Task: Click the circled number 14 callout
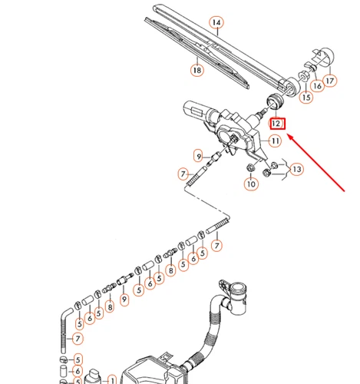tap(217, 23)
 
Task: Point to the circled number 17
tap(331, 78)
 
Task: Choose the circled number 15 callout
tap(306, 98)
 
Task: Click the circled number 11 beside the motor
tap(275, 141)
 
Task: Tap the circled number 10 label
tap(251, 184)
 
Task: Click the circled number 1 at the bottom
tap(111, 379)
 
